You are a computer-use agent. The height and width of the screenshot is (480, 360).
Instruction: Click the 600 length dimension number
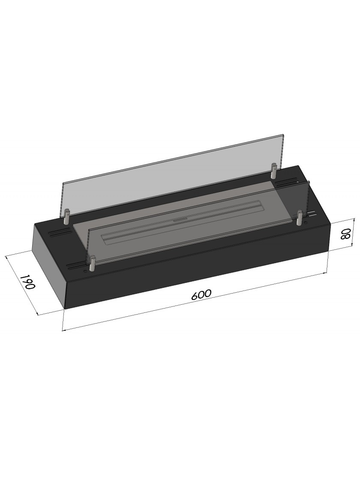tap(201, 294)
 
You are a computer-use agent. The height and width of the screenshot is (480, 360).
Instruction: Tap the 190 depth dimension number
tap(28, 282)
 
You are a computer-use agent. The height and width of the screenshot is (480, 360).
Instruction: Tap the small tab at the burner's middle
tap(177, 220)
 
